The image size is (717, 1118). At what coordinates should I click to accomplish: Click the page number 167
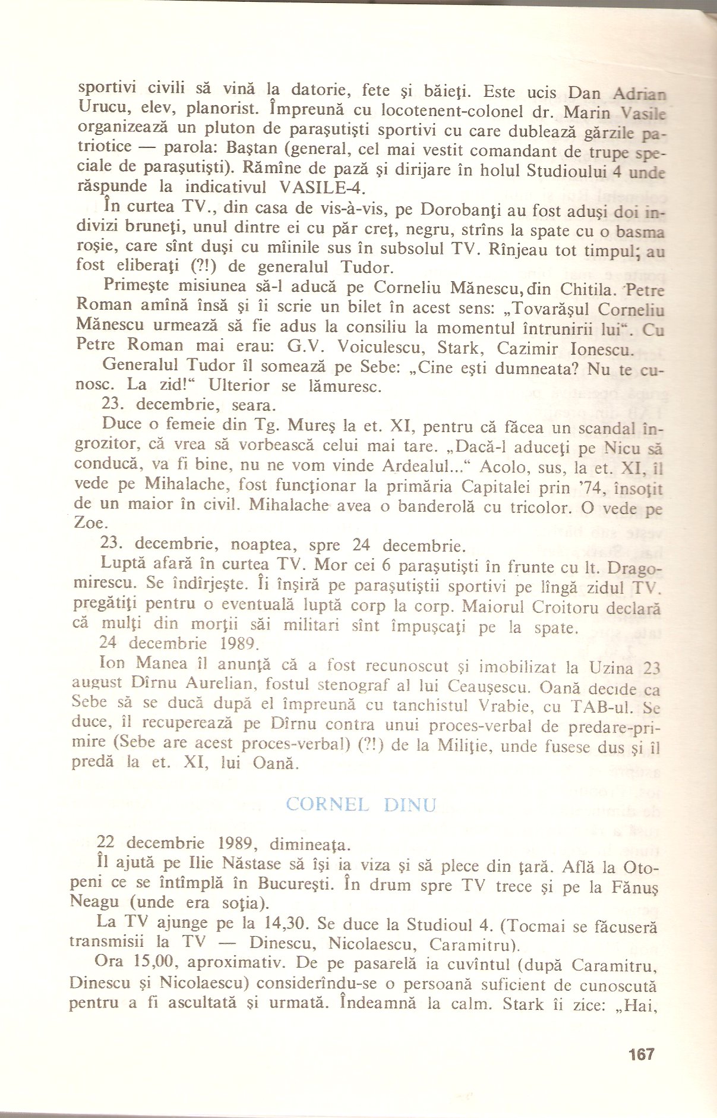pyautogui.click(x=641, y=1054)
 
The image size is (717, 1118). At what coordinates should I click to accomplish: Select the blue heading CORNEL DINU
pyautogui.click(x=361, y=805)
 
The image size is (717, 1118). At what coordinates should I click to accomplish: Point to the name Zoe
pyautogui.click(x=90, y=523)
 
